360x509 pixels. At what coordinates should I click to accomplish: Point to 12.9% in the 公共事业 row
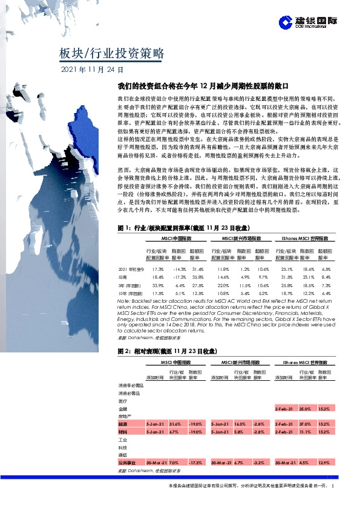click(x=325, y=462)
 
